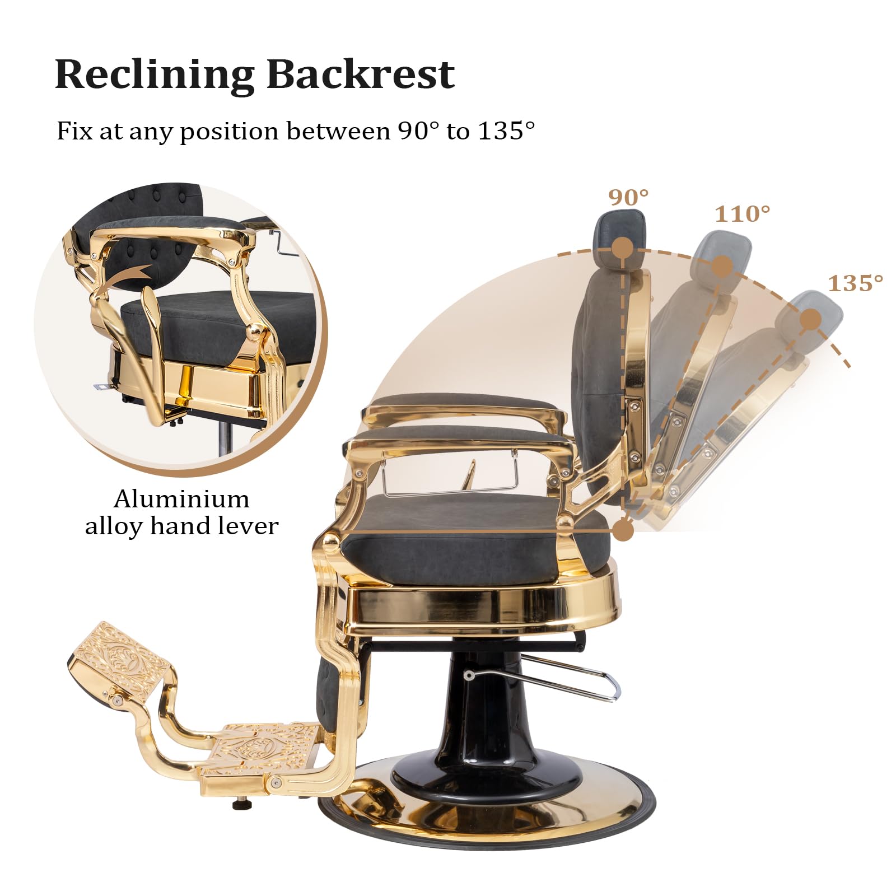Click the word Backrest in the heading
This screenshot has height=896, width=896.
point(360,74)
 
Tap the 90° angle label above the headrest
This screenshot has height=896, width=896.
point(628,197)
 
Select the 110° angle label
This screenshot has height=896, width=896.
point(743,214)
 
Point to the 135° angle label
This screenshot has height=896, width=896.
point(855,283)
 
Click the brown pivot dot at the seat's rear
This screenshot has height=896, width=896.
point(623,530)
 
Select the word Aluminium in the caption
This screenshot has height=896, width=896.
point(181,499)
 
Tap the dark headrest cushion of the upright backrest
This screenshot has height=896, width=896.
point(619,230)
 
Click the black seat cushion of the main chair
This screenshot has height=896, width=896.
point(476,554)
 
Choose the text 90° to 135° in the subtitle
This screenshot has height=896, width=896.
point(466,132)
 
